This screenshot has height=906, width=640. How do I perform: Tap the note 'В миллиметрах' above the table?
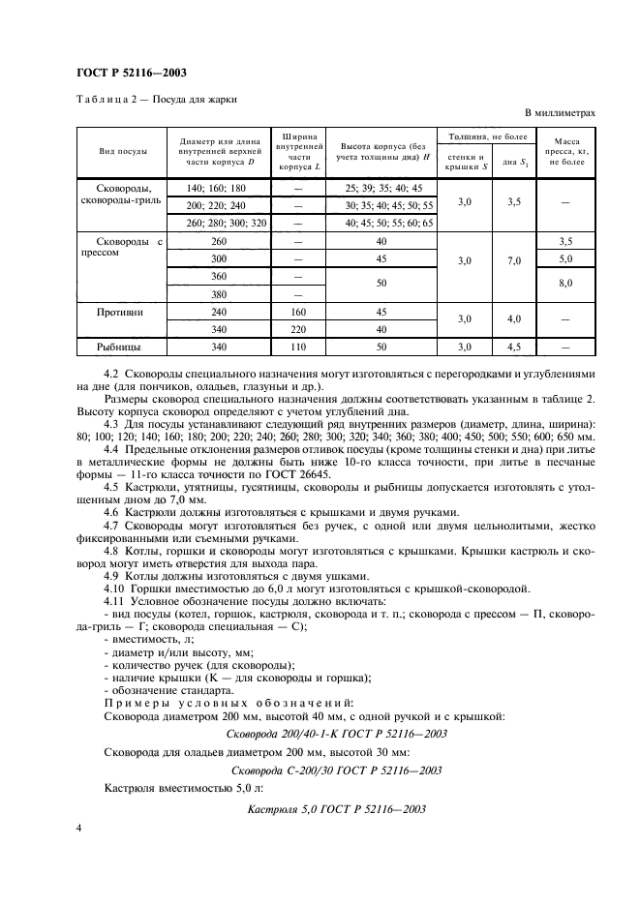560,114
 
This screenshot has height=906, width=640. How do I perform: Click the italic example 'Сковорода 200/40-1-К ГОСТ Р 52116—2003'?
336,734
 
